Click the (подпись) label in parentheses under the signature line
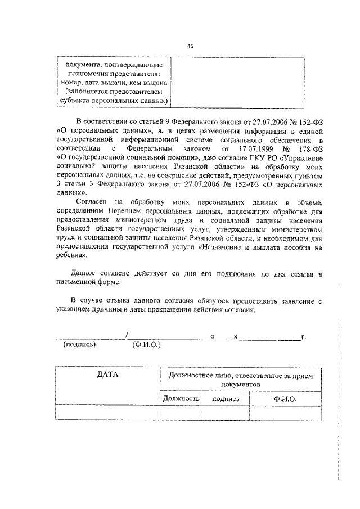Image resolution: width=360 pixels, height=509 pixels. click(x=80, y=345)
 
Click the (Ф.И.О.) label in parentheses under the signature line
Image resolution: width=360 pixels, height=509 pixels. click(x=146, y=345)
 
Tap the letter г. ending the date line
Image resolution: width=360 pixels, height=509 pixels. click(x=303, y=336)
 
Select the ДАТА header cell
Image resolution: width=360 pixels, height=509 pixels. click(x=107, y=376)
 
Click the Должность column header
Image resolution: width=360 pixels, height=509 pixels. click(x=181, y=398)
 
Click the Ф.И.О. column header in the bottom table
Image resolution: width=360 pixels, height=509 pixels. click(x=285, y=398)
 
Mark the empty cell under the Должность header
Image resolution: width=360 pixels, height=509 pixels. click(x=181, y=412)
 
